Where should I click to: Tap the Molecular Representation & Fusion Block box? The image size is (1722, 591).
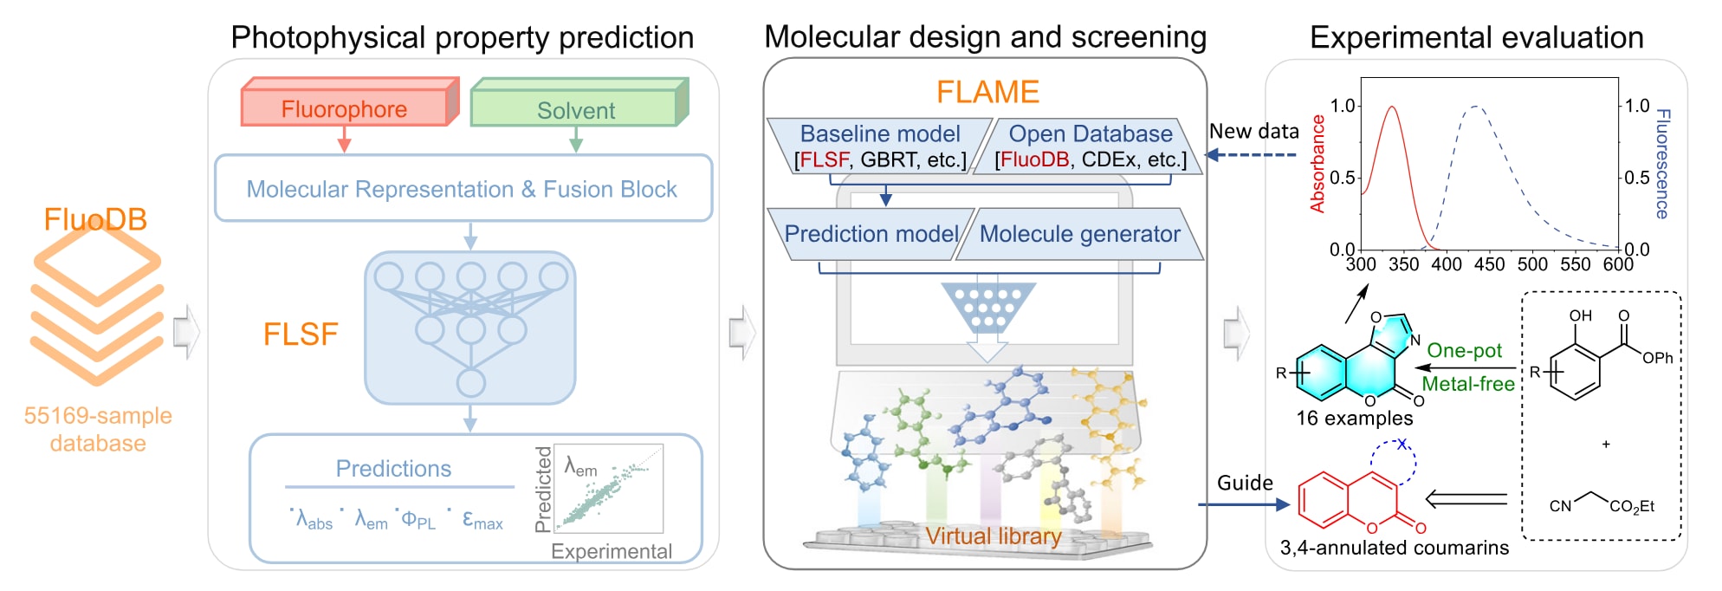pyautogui.click(x=463, y=188)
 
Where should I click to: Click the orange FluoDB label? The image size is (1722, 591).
pyautogui.click(x=95, y=219)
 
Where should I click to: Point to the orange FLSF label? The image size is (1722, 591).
pyautogui.click(x=301, y=334)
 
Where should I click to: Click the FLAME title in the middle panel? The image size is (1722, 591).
pyautogui.click(x=987, y=92)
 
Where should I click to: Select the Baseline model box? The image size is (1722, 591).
pyautogui.click(x=880, y=146)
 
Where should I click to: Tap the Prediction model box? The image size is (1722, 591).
pyautogui.click(x=871, y=234)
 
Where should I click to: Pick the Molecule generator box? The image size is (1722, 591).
pyautogui.click(x=1079, y=234)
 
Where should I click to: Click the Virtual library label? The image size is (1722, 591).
pyautogui.click(x=994, y=536)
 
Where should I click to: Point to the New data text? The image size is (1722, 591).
pyautogui.click(x=1254, y=132)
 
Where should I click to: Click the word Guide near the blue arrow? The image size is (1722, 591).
pyautogui.click(x=1245, y=483)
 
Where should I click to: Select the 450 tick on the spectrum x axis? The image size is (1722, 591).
pyautogui.click(x=1489, y=264)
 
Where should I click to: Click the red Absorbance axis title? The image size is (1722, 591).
pyautogui.click(x=1317, y=164)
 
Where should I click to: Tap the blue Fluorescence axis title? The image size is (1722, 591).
pyautogui.click(x=1663, y=164)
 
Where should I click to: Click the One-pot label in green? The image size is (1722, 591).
pyautogui.click(x=1465, y=350)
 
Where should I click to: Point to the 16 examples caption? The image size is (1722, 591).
pyautogui.click(x=1354, y=418)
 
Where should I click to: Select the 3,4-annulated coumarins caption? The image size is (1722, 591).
pyautogui.click(x=1395, y=548)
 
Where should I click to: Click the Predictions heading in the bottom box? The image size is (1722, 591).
pyautogui.click(x=393, y=469)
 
